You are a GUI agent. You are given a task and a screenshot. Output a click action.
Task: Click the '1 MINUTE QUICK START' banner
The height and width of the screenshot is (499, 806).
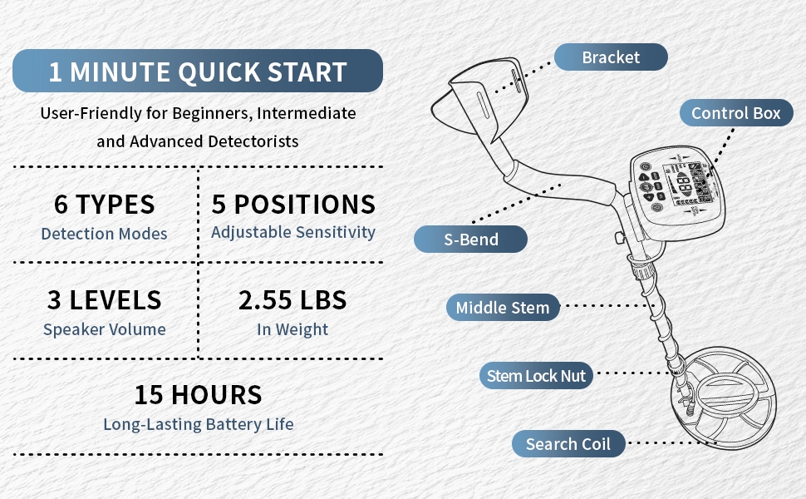point(198,71)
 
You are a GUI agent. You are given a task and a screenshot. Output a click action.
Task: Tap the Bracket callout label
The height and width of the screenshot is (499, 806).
point(611,57)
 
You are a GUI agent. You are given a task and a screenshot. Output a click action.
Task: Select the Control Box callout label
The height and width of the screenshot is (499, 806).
point(736,112)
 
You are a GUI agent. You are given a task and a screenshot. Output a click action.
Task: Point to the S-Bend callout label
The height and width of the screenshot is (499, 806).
point(470,240)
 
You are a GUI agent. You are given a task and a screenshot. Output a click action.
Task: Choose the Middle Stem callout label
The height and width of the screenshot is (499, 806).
point(503,308)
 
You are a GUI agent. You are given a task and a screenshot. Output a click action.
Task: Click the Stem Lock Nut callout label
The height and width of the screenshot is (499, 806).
point(536,376)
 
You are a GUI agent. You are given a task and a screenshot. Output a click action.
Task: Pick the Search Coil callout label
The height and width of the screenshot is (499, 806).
point(568,444)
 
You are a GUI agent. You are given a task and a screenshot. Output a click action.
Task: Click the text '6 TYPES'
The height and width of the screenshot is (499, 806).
point(105,205)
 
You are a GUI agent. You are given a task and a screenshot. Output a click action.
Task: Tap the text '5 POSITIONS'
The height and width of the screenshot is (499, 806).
point(293,205)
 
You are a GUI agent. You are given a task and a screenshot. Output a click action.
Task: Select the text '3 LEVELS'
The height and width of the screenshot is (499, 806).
point(105,300)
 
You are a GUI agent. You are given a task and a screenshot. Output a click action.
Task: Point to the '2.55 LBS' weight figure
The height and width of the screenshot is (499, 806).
point(292,300)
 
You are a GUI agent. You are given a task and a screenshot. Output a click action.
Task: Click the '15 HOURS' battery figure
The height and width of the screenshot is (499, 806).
point(199,395)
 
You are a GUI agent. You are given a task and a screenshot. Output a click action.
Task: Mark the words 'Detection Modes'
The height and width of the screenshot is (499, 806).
point(105,234)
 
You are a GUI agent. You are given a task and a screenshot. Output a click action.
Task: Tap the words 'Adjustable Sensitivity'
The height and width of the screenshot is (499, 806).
point(293,233)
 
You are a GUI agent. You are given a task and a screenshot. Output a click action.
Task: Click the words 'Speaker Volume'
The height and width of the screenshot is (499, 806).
point(105,329)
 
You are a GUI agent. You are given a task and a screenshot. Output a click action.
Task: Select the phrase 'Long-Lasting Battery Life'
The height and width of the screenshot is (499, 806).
point(199,424)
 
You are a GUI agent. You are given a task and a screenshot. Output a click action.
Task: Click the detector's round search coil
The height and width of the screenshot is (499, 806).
point(724,398)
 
